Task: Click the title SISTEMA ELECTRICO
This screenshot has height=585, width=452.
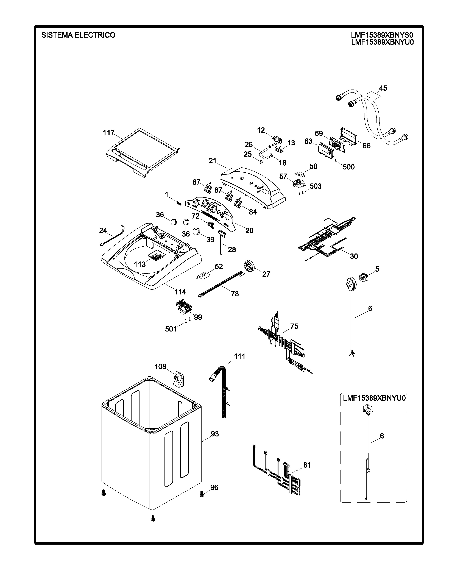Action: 78,35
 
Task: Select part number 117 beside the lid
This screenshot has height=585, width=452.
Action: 109,133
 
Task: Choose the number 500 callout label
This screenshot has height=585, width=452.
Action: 349,167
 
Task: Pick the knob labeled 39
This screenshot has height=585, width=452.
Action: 197,231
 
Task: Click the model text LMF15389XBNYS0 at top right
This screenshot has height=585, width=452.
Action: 382,35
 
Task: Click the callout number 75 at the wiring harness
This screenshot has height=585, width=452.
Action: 294,326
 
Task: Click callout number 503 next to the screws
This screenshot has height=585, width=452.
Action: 316,186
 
